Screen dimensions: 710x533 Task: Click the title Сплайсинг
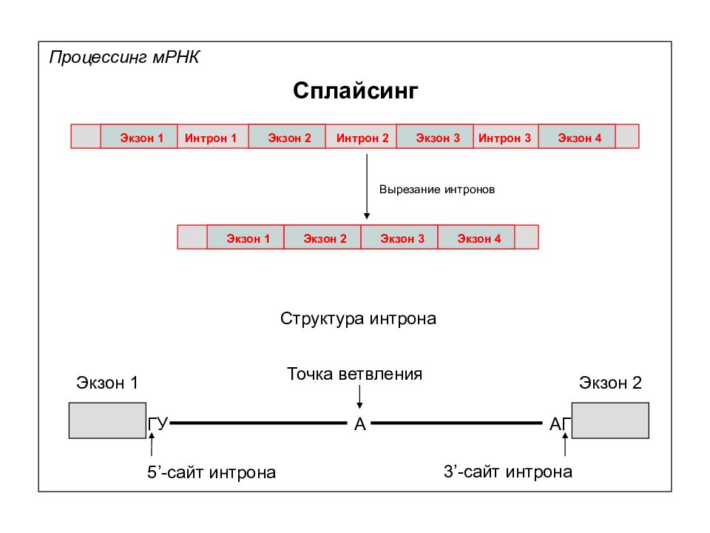356,91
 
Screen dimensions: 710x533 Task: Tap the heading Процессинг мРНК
124,58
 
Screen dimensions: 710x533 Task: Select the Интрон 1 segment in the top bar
212,136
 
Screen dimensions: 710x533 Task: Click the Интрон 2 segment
361,136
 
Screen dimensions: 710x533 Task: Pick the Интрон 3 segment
506,136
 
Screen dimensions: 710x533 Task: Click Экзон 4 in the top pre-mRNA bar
577,136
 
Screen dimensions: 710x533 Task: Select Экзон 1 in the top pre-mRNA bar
138,136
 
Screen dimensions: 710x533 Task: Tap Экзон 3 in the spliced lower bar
399,237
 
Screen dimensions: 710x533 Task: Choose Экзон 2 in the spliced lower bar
322,237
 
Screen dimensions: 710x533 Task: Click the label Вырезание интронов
437,190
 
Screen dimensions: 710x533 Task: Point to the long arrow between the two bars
367,187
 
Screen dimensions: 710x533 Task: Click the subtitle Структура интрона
358,318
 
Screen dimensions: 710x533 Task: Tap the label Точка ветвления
354,375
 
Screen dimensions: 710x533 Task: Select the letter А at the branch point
360,424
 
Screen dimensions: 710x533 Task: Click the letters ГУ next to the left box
158,423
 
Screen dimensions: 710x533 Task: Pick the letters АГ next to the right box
560,424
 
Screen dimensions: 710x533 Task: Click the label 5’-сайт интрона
212,472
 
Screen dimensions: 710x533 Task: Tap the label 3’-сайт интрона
508,472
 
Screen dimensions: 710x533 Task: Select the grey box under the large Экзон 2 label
610,420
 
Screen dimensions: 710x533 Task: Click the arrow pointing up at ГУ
152,444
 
